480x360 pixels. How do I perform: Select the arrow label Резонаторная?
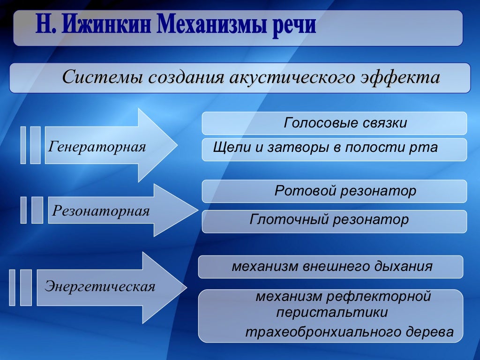click(101, 211)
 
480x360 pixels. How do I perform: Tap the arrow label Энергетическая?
click(100, 286)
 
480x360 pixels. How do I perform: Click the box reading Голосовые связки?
click(334, 123)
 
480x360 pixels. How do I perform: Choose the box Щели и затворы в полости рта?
click(334, 150)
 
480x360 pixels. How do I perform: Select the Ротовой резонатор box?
click(334, 191)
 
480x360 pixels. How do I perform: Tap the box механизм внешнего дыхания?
click(331, 267)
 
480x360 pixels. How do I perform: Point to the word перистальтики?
click(332, 313)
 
